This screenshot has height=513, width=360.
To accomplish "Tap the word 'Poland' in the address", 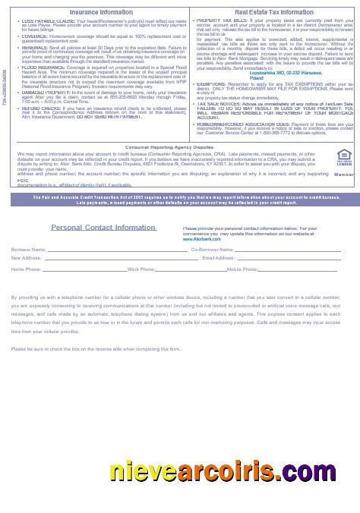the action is click(256, 78).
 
